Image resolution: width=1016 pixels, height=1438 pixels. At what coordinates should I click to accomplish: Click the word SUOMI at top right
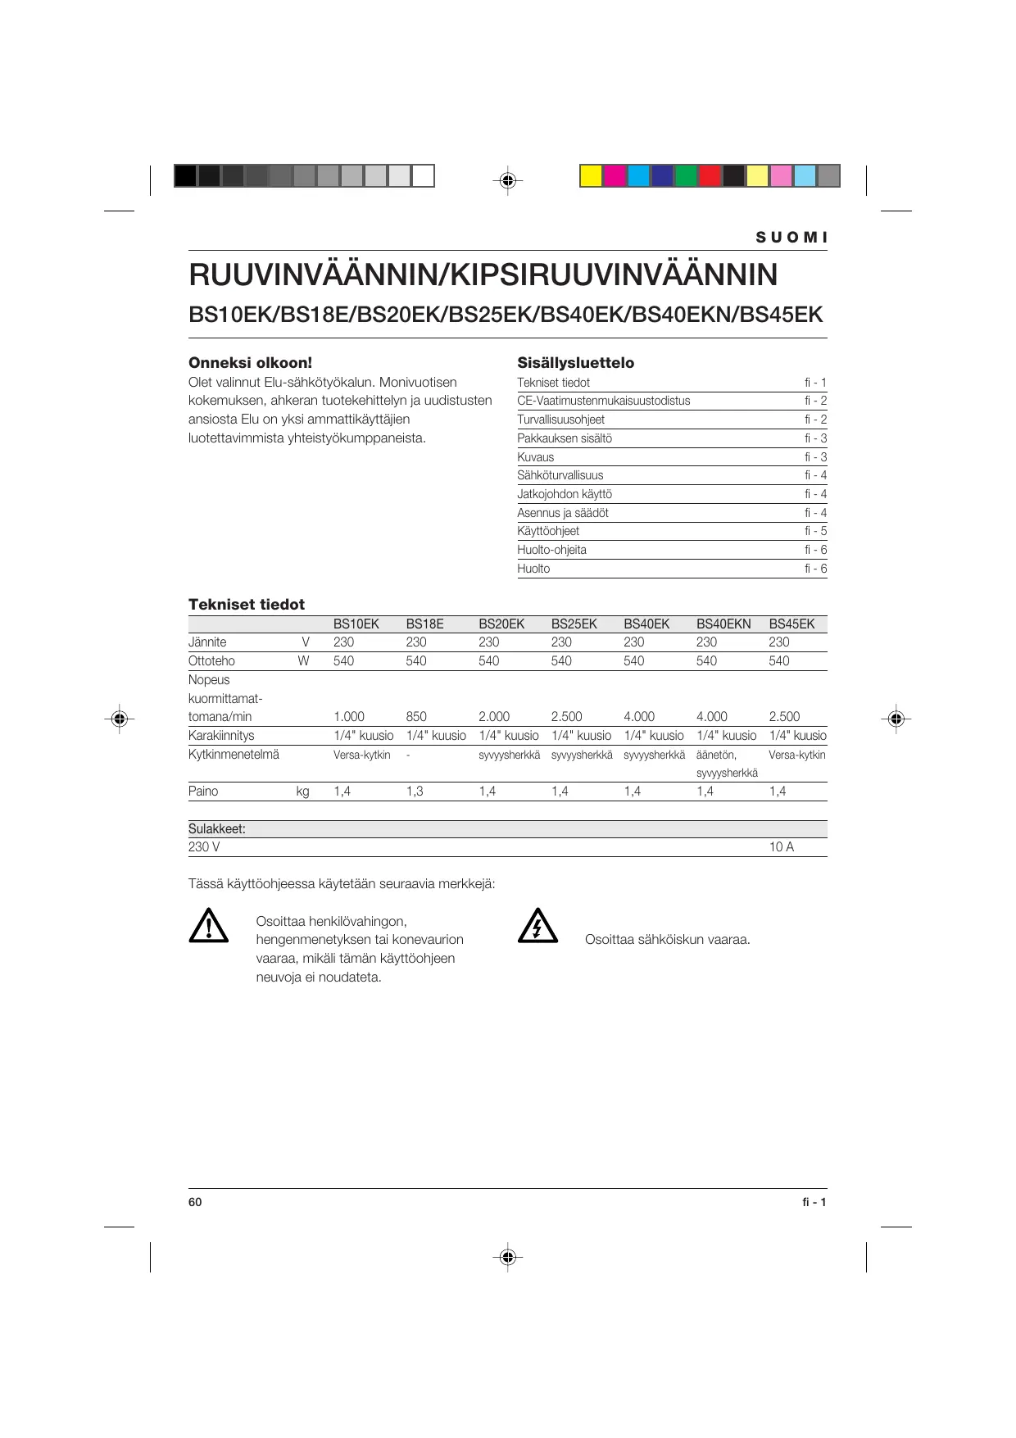tap(791, 238)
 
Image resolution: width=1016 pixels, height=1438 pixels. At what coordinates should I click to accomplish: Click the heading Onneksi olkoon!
tap(250, 363)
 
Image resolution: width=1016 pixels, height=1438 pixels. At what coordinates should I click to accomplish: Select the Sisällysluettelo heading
tap(575, 363)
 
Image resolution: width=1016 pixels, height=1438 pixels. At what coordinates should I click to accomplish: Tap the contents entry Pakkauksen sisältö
tap(565, 438)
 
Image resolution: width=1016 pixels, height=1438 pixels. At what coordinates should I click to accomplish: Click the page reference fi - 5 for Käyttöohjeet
tap(815, 531)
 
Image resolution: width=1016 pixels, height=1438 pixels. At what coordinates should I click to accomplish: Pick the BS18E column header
tap(424, 624)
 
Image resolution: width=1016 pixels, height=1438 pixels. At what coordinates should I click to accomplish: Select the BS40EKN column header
tap(723, 624)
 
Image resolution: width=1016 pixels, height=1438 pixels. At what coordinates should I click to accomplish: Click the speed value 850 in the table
tap(416, 717)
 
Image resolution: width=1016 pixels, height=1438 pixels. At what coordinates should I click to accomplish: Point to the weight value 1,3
tap(415, 792)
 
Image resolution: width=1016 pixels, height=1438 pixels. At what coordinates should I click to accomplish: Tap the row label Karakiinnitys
tap(221, 736)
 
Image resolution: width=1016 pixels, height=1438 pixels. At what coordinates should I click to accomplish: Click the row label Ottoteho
tap(211, 661)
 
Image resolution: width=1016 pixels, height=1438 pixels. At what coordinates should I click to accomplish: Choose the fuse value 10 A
tap(782, 847)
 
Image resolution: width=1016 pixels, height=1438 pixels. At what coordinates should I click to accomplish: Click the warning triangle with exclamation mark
tap(209, 926)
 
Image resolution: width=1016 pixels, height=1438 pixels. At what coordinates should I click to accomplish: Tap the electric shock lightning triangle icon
tap(537, 926)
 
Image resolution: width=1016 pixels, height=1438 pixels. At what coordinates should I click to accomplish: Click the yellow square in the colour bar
tap(591, 176)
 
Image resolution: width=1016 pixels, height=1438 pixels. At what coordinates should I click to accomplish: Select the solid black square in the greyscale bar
tap(185, 176)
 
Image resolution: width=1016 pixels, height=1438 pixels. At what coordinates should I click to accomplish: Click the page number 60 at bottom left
tap(195, 1202)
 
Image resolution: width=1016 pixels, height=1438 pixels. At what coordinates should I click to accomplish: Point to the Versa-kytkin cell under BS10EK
tap(361, 755)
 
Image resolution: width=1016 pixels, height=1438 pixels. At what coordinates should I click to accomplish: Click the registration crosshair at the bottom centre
tap(508, 1256)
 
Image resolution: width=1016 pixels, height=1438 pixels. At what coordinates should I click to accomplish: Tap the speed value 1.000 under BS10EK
tap(348, 717)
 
